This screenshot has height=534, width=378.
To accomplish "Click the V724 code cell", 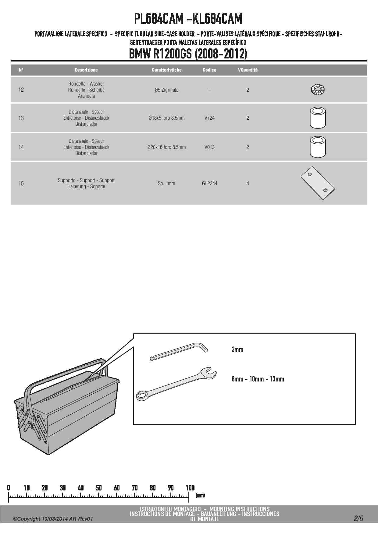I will point(209,118).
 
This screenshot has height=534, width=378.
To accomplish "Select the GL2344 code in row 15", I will point(209,183).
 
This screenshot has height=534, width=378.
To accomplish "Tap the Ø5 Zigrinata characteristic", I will point(166,90).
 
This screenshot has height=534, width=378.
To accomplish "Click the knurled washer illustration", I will point(318,90).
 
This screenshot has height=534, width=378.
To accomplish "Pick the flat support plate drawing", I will point(318,183).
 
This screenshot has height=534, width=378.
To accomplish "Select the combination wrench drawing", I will point(176,384).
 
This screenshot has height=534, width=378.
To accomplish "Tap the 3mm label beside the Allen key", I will point(237,350).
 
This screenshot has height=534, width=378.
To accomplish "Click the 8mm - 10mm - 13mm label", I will point(258,379).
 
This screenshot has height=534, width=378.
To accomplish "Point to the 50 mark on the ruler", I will point(99,488).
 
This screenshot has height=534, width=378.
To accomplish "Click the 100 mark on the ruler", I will point(190,488).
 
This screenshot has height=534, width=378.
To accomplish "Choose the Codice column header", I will point(209,70).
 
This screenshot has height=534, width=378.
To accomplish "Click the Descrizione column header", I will point(86,70).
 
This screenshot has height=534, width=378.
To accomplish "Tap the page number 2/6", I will point(358,518).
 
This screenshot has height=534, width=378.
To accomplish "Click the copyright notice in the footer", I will point(53,519).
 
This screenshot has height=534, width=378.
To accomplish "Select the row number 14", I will point(21,147).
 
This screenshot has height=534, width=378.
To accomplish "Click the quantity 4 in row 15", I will point(248,183).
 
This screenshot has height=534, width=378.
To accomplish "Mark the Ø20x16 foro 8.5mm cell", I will point(166,147).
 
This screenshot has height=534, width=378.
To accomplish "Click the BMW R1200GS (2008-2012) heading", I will point(188,54).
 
